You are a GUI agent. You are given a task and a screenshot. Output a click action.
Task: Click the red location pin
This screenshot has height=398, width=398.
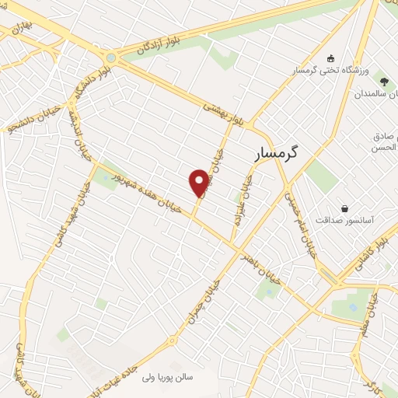(199, 183)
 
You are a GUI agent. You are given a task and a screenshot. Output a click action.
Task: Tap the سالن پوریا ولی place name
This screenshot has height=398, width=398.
(173, 379)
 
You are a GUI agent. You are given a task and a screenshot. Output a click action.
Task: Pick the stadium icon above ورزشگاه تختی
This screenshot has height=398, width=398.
(331, 58)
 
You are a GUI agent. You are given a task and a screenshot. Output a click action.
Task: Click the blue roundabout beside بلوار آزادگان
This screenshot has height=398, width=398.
(112, 57)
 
